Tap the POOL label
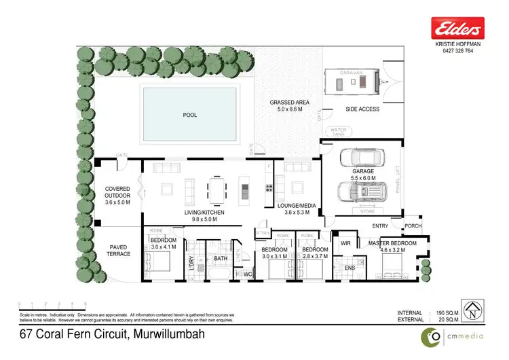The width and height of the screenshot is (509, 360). pos(190,115)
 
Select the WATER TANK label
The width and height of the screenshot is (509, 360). pos(337,131)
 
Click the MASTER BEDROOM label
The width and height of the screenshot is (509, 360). pos(393,243)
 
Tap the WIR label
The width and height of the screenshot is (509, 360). pos(344,242)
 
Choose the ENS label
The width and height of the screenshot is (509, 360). pos(350,268)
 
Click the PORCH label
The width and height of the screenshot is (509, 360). pos(413,226)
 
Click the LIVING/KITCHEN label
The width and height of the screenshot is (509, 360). pos(204,213)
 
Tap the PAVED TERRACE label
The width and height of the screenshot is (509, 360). pos(117,251)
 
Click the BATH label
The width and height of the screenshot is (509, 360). pos(221,258)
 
